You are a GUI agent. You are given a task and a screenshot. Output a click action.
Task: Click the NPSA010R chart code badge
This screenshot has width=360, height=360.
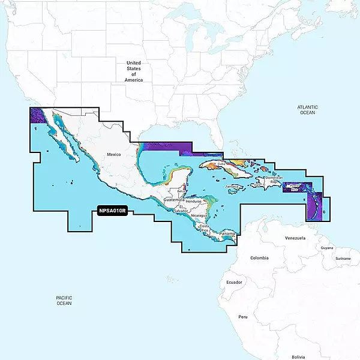112,211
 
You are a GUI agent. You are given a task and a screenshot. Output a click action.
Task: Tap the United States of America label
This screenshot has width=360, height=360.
134,71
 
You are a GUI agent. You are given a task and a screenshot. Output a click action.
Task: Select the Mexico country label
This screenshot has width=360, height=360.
114,155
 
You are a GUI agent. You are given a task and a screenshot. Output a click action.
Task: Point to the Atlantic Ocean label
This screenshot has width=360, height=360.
307,110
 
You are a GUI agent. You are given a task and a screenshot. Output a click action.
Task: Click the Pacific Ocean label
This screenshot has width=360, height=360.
64,301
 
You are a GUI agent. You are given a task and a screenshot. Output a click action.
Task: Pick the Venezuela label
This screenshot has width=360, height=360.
295,238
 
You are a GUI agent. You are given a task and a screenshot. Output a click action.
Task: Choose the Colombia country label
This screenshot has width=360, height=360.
259,258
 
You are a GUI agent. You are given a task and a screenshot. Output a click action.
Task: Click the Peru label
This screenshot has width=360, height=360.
243,316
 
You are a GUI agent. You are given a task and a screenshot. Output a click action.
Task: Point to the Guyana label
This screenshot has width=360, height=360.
326,248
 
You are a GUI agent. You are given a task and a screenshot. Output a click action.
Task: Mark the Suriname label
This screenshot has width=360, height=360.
343,258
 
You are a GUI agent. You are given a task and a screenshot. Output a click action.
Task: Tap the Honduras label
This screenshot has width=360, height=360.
194,201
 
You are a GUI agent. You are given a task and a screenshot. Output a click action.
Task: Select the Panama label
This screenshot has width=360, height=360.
227,233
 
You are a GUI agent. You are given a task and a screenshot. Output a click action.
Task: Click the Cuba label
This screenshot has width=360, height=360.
221,164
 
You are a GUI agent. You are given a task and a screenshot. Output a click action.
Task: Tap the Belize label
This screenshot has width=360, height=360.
182,191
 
